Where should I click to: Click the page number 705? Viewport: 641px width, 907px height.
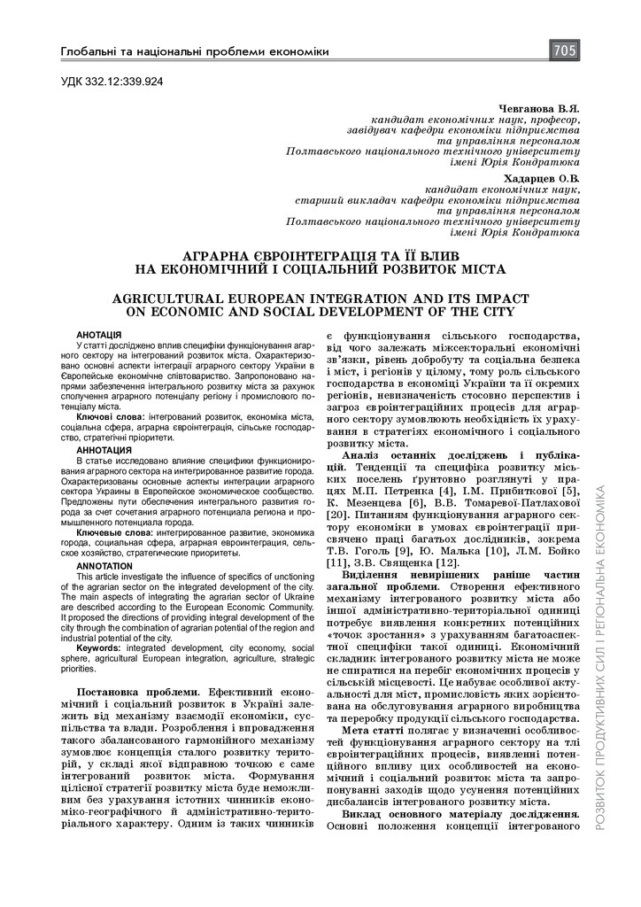pyautogui.click(x=564, y=50)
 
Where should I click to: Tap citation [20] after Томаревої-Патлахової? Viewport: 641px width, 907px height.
pyautogui.click(x=337, y=513)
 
